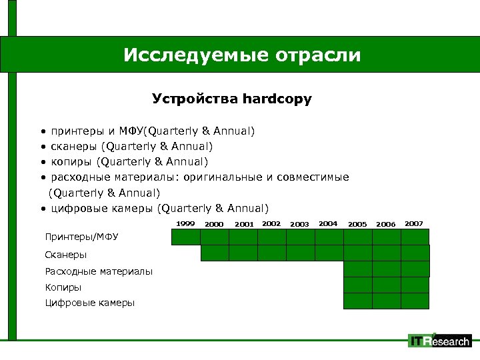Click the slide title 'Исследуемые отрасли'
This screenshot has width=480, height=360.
(241, 54)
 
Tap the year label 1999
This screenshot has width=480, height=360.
(185, 223)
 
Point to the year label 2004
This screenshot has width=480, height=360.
(328, 223)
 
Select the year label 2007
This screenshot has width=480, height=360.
(413, 223)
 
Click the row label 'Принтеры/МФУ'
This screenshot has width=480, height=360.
(81, 237)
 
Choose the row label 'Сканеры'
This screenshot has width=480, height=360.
(66, 254)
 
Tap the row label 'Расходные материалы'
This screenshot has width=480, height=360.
(99, 271)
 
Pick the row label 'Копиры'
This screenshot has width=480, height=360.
(63, 287)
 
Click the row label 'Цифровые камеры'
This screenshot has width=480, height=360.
(89, 303)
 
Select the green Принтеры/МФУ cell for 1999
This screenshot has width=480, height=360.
(186, 237)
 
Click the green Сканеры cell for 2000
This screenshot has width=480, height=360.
(215, 253)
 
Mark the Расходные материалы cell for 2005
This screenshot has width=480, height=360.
(357, 269)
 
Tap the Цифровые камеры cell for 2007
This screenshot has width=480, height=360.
(414, 301)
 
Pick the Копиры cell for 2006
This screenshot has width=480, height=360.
(386, 285)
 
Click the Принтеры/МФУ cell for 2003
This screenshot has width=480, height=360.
(300, 237)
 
